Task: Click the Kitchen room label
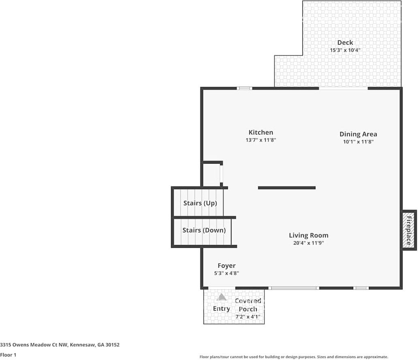(261, 132)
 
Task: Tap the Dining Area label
(358, 134)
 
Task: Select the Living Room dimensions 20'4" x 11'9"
(309, 243)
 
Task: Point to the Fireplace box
(409, 230)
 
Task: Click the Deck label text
(345, 43)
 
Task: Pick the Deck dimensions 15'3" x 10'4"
(345, 50)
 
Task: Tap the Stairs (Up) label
(200, 203)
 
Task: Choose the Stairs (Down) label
(204, 230)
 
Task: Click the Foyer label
(227, 266)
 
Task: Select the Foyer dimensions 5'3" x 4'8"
(227, 273)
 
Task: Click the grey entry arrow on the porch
(221, 297)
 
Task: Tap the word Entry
(221, 309)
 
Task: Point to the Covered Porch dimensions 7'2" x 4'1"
(248, 317)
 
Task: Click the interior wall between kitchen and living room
(287, 188)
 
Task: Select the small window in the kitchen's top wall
(245, 88)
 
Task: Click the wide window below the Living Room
(294, 288)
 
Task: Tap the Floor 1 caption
(8, 355)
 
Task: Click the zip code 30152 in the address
(112, 345)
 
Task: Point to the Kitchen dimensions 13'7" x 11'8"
(261, 140)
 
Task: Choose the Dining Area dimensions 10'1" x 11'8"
(358, 142)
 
